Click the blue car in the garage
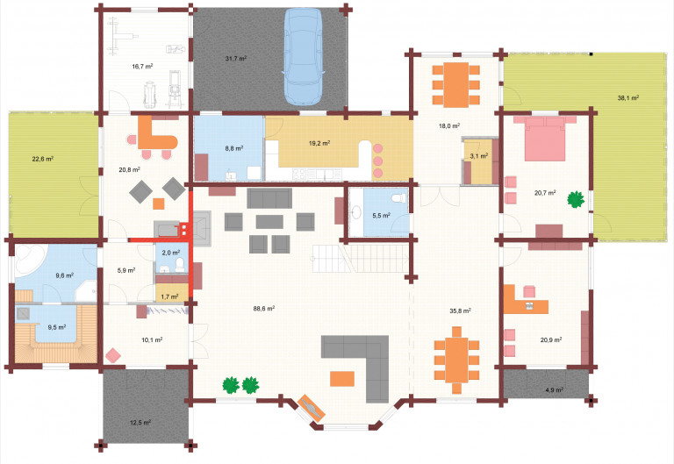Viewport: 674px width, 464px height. tap(303, 56)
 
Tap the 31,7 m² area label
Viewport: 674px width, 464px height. tap(236, 59)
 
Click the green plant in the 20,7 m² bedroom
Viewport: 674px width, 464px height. tap(576, 199)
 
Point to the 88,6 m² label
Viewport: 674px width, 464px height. tap(264, 309)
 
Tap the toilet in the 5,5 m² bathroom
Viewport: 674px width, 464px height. tap(399, 197)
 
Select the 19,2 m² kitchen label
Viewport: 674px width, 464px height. tap(319, 143)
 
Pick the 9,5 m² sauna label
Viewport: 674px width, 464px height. tap(57, 327)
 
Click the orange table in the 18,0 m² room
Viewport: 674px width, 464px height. tap(456, 84)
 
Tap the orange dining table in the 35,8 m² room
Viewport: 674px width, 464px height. tap(456, 360)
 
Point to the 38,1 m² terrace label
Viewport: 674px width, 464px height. tap(628, 98)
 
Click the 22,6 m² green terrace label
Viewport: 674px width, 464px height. tap(42, 159)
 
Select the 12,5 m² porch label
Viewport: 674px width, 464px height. tap(140, 423)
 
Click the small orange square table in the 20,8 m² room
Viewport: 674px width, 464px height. tap(159, 203)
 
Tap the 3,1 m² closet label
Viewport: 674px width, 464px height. tap(479, 156)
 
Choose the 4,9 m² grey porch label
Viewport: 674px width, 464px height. tap(554, 390)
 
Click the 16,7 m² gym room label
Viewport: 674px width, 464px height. tap(143, 67)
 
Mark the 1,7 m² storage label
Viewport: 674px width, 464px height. tap(169, 296)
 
